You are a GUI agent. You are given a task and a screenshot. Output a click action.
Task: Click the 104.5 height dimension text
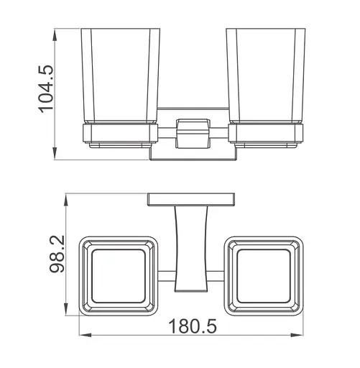pyautogui.click(x=45, y=88)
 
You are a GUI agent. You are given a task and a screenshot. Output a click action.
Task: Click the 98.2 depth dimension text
pyautogui.click(x=57, y=254)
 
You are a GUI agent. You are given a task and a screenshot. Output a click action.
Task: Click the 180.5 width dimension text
pyautogui.click(x=193, y=326)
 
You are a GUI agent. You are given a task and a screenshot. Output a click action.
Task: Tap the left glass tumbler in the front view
pyautogui.click(x=121, y=75)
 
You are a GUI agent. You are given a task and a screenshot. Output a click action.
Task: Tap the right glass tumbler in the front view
pyautogui.click(x=266, y=75)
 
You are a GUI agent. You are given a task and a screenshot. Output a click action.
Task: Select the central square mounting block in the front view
pyautogui.click(x=193, y=134)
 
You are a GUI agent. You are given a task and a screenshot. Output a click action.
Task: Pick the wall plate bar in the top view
pyautogui.click(x=191, y=199)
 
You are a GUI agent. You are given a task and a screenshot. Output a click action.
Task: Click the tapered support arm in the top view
pyautogui.click(x=191, y=249)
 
